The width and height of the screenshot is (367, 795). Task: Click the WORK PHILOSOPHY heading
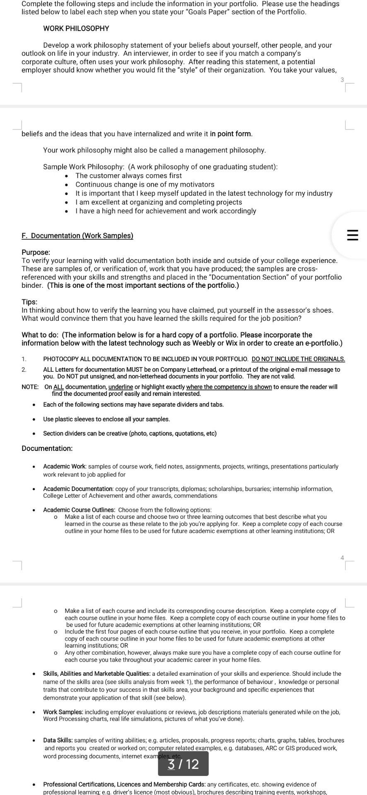(76, 29)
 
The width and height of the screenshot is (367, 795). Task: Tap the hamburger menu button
(352, 236)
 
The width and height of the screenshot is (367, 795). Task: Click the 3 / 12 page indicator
(183, 764)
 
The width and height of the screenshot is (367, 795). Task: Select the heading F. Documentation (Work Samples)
(77, 236)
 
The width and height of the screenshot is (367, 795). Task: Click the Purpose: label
(36, 252)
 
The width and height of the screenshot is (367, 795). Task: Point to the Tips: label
(29, 302)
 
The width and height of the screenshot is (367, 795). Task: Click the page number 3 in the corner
(342, 80)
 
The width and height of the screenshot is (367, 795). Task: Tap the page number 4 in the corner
(342, 558)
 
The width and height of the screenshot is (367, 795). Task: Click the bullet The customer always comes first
(128, 176)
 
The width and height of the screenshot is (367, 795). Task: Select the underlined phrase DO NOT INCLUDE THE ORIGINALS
(298, 359)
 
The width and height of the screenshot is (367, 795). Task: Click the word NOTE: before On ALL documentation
(30, 387)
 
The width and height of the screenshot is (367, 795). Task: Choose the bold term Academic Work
(64, 466)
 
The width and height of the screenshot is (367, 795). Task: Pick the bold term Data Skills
(58, 740)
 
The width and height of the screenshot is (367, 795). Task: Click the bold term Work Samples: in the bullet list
(63, 712)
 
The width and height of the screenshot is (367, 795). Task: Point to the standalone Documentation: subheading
(47, 448)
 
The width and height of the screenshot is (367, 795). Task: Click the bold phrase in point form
(231, 134)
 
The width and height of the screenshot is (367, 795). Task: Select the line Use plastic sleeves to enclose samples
(106, 419)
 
